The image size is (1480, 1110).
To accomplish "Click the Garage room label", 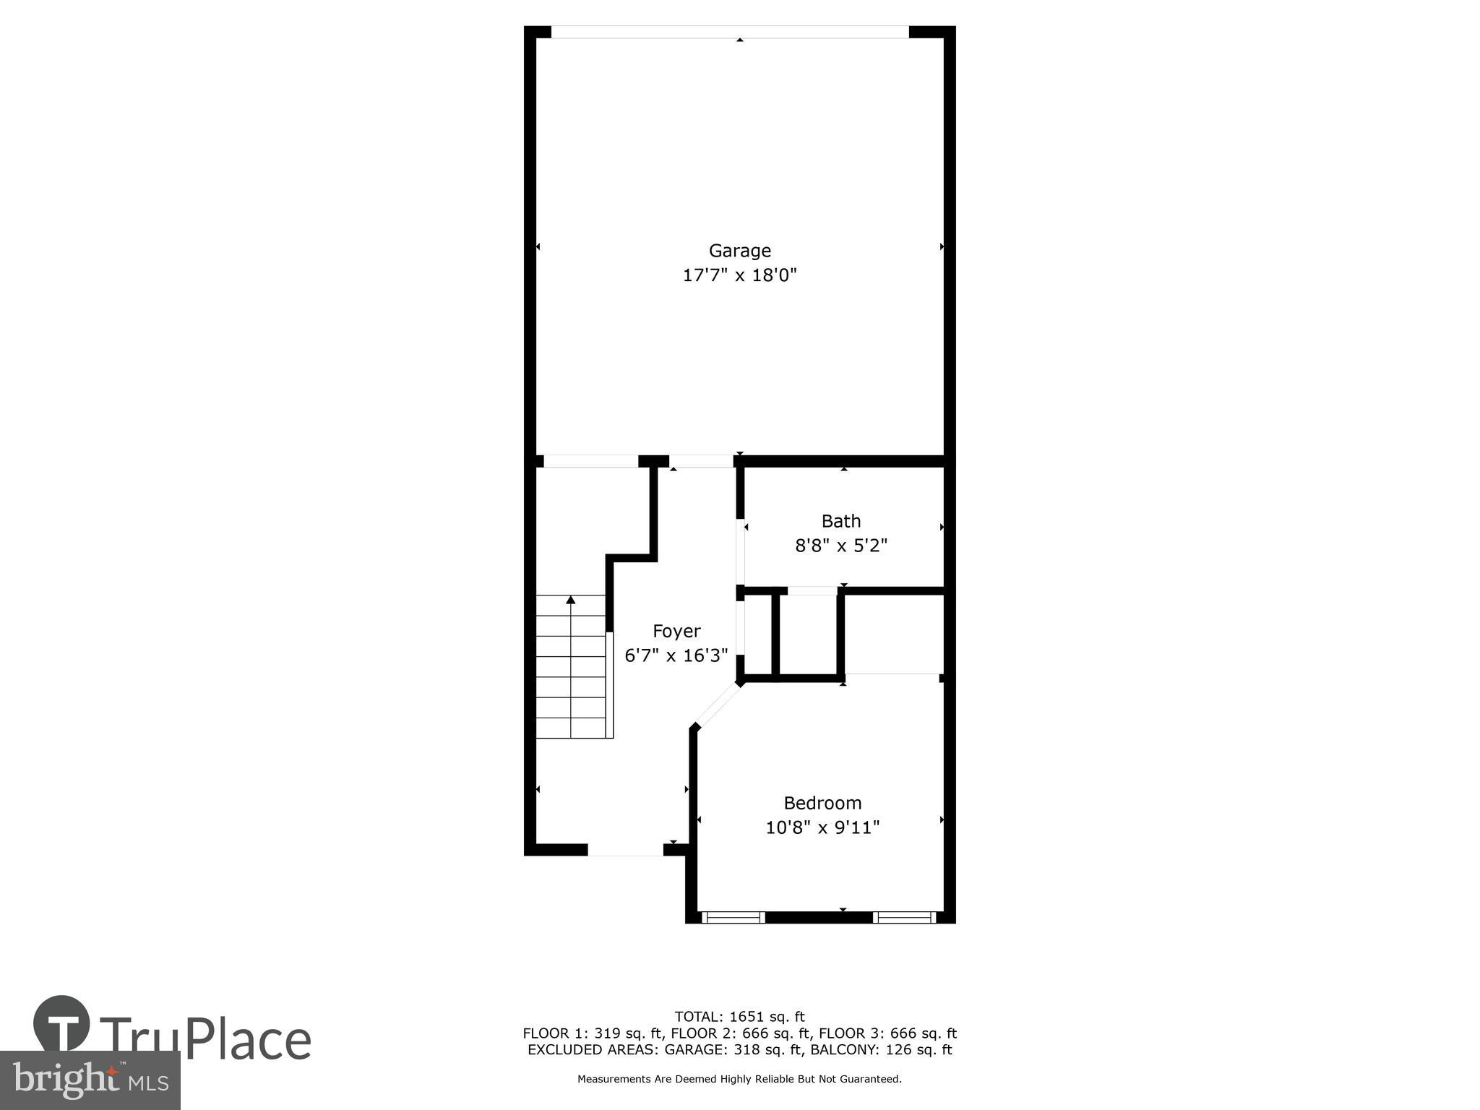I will tap(739, 251).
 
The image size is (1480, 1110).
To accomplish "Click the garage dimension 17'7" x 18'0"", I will tap(739, 275).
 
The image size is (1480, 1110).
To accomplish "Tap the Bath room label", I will tap(840, 521).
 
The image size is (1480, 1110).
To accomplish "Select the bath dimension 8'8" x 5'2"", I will tap(840, 546).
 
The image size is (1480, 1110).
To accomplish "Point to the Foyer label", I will tap(676, 631).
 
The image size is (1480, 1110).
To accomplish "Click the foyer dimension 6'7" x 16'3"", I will tap(676, 655).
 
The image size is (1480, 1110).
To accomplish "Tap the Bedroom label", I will tap(822, 803).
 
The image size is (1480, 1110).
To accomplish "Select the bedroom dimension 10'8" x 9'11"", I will tap(822, 827).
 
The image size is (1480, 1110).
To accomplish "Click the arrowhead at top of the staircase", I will tap(571, 600).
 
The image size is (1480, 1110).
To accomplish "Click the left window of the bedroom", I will tap(733, 917).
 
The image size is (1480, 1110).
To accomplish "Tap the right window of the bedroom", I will tap(904, 917).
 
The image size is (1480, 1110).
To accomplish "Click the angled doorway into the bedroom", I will tap(717, 705).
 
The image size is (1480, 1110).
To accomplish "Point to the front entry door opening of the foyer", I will tap(625, 850).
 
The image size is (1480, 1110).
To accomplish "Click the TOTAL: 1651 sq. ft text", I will tap(739, 1017).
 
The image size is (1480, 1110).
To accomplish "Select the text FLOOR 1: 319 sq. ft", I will tap(592, 1033).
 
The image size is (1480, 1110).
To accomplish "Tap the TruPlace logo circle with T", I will tap(61, 1024).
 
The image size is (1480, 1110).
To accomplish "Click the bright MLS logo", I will tap(90, 1080).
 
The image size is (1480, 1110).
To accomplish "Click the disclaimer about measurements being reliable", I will tap(739, 1079).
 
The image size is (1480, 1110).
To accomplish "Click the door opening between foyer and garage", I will tap(701, 462).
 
